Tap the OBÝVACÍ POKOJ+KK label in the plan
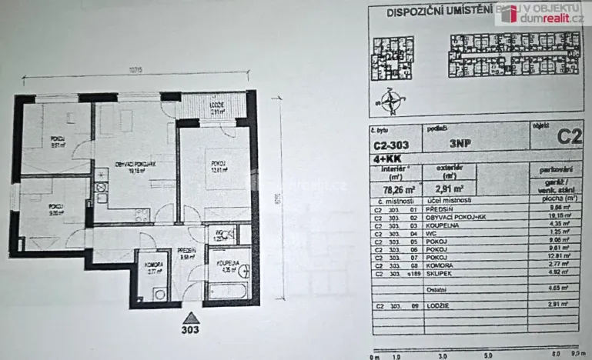click(125, 168)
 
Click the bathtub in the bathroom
click(228, 292)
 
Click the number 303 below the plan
click(191, 332)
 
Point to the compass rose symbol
click(393, 99)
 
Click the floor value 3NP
click(461, 143)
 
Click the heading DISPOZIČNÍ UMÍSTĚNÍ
click(428, 12)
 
